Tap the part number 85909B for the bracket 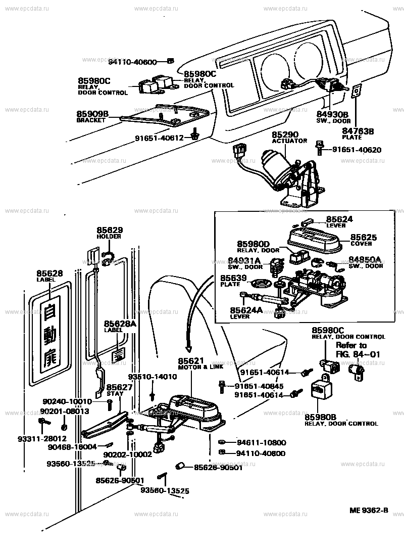pos(92,114)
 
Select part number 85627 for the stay pos(119,387)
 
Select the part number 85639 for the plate pos(233,278)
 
